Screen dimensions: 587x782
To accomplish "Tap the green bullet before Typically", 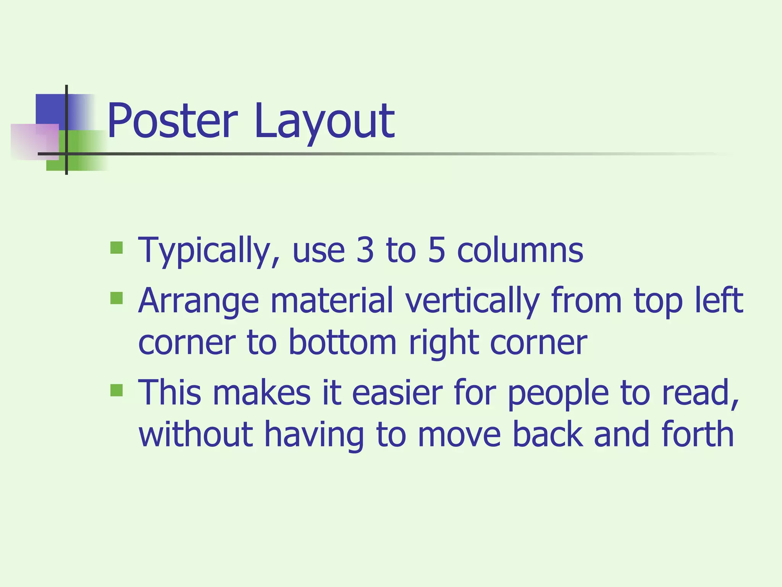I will point(116,248).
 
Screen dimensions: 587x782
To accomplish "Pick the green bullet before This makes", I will point(116,390).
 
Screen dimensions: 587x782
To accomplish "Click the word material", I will point(331,301).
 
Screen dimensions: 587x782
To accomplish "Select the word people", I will point(558,394).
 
